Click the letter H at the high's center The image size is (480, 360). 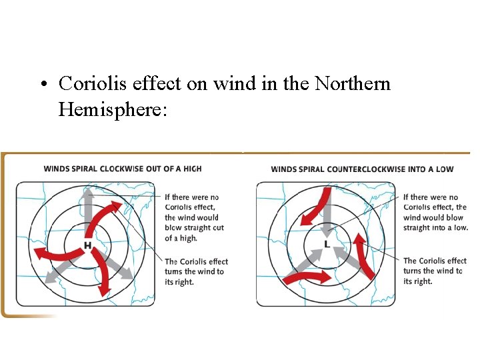[87, 246]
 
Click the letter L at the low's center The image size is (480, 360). [326, 245]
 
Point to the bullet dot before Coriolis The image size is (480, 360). [42, 85]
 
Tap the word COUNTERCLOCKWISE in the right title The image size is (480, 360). [368, 169]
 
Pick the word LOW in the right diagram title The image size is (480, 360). [445, 169]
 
